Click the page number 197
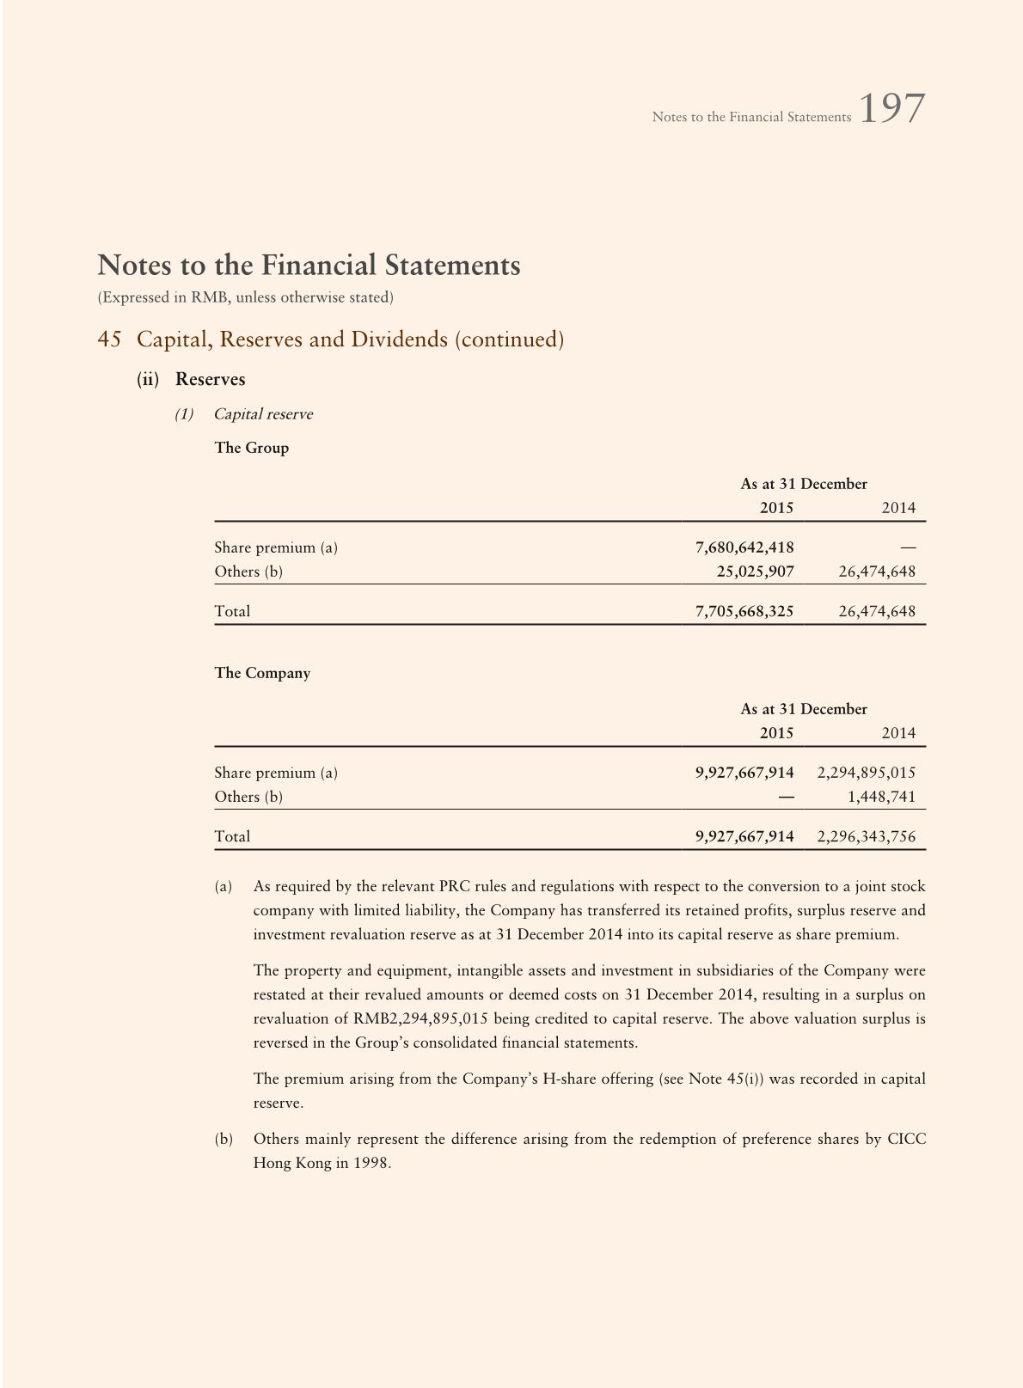[x=891, y=110]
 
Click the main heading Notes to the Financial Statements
[x=309, y=265]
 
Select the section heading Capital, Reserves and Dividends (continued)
[x=350, y=339]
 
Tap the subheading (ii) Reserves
[x=191, y=379]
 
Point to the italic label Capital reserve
[x=263, y=414]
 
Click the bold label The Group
[x=251, y=448]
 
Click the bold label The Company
[x=262, y=673]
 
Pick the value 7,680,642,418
[x=744, y=547]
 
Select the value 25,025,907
[x=755, y=572]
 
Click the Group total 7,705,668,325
[x=744, y=612]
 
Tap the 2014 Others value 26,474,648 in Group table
[x=876, y=572]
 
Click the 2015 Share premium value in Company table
[x=744, y=773]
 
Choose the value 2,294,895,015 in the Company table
[x=866, y=773]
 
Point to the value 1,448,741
[x=881, y=797]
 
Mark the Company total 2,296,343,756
[x=866, y=837]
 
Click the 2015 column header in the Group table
[x=776, y=508]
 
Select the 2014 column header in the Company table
[x=898, y=733]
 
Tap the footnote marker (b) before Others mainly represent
[x=224, y=1140]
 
